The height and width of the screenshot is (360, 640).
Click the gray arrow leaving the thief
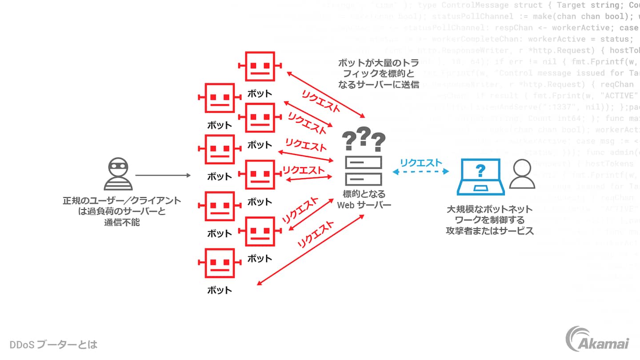coord(163,176)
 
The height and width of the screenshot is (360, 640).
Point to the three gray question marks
coord(364,139)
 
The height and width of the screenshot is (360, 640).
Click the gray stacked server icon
coord(364,171)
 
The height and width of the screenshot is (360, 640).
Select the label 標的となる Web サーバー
coord(364,200)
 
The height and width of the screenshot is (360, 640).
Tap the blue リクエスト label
coord(421,162)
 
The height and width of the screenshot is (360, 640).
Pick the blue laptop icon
coord(480,177)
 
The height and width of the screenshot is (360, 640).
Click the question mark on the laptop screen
coord(480,170)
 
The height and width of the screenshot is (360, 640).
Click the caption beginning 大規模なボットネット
coord(490,220)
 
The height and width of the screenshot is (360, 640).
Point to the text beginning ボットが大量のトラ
coord(378,73)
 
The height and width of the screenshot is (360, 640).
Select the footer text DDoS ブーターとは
coord(53,344)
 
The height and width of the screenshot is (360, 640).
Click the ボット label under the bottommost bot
coord(220,290)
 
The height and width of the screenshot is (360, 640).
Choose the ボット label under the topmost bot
coord(260,94)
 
